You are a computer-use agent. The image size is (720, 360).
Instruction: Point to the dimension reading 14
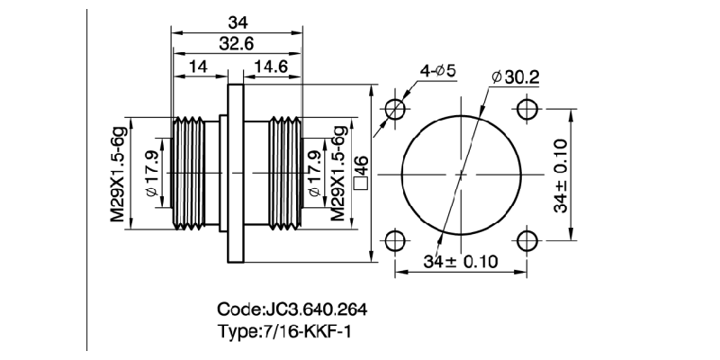[198, 67]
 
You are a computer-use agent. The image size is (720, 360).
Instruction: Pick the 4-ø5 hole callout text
[438, 70]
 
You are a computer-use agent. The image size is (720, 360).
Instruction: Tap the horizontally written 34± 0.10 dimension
[461, 262]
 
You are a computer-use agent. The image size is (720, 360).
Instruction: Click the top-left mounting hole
[396, 109]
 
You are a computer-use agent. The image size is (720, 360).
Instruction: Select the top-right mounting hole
[526, 109]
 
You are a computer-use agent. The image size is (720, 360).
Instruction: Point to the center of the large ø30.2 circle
[461, 174]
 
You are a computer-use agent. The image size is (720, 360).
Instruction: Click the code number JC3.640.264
[318, 310]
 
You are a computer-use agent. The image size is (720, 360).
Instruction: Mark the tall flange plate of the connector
[236, 173]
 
